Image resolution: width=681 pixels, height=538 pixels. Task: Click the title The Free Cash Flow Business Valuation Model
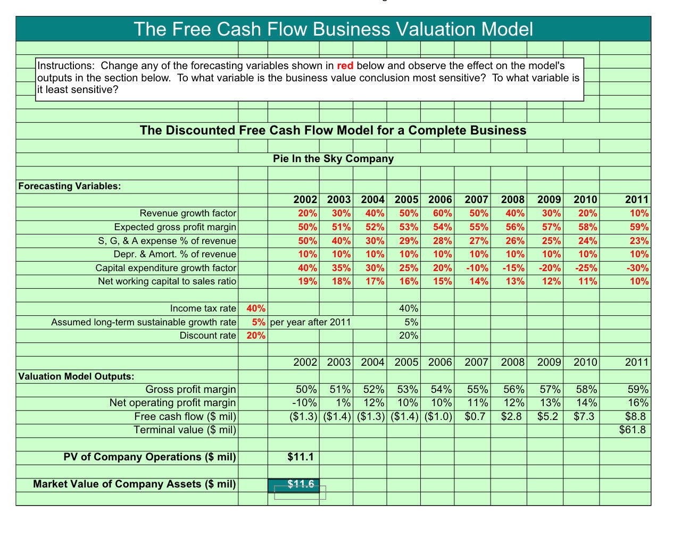pyautogui.click(x=333, y=29)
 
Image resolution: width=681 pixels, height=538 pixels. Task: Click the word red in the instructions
pyautogui.click(x=345, y=66)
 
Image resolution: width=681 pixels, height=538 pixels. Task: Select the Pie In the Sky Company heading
pyautogui.click(x=333, y=158)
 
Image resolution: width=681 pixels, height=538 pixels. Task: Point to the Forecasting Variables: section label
pyautogui.click(x=70, y=186)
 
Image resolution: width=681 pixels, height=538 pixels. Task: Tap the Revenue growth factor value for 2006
pyautogui.click(x=442, y=213)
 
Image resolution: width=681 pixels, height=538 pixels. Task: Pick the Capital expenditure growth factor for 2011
pyautogui.click(x=637, y=268)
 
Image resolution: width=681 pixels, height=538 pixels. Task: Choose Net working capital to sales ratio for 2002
pyautogui.click(x=308, y=281)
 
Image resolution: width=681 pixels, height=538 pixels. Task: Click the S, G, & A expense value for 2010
pyautogui.click(x=587, y=241)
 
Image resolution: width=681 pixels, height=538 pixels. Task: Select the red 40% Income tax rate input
pyautogui.click(x=256, y=308)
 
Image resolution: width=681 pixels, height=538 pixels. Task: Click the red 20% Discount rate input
pyautogui.click(x=256, y=335)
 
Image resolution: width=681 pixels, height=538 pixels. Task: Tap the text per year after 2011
pyautogui.click(x=311, y=322)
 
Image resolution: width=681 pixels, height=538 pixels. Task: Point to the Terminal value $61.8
pyautogui.click(x=633, y=430)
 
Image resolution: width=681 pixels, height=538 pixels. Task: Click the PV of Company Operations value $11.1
pyautogui.click(x=301, y=457)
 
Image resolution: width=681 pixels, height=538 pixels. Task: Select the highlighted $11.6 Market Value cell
pyautogui.click(x=301, y=484)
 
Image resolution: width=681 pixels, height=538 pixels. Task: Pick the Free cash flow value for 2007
pyautogui.click(x=475, y=416)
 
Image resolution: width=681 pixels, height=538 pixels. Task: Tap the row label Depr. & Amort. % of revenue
pyautogui.click(x=175, y=254)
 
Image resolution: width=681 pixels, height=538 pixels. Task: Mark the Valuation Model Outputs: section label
pyautogui.click(x=76, y=376)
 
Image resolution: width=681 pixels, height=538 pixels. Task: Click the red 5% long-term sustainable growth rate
pyautogui.click(x=259, y=322)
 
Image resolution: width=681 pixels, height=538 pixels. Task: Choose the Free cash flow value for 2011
pyautogui.click(x=636, y=416)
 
